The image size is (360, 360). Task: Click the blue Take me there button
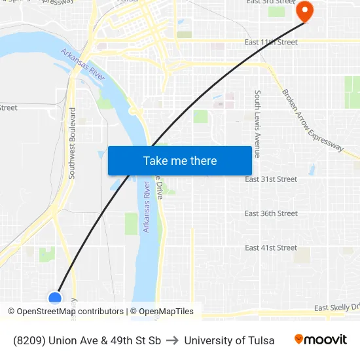pos(179,160)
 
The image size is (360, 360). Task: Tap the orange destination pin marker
pos(304,11)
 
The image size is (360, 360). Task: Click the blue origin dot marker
pos(55,298)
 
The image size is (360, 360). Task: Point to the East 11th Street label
pos(271,42)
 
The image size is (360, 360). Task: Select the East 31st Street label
pos(271,179)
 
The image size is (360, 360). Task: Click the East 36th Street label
pos(271,213)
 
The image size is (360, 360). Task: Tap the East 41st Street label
pos(271,247)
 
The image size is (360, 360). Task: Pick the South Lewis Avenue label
pos(258,124)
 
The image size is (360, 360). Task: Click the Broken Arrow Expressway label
pos(312,120)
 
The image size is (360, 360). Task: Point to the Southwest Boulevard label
pos(72,143)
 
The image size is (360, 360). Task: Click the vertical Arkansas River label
pos(147,207)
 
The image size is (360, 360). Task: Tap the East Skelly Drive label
pos(336,308)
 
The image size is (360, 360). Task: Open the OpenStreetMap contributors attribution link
pos(70,312)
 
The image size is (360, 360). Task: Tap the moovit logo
pos(321,340)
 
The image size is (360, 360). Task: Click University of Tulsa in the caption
pos(229,340)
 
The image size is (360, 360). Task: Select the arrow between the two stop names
pos(172,340)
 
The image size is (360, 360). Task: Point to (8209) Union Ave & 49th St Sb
pos(86,340)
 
